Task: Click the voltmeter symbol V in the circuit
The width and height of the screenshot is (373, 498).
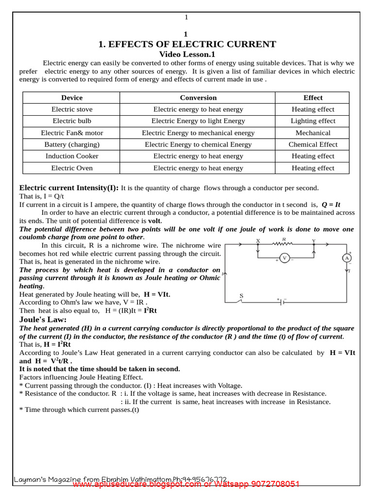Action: point(285,258)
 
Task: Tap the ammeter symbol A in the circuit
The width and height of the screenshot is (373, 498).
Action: point(347,258)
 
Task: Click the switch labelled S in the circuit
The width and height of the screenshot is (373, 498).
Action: point(239,301)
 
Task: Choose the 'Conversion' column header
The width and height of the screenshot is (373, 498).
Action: point(198,98)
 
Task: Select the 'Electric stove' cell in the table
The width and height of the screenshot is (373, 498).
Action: point(72,109)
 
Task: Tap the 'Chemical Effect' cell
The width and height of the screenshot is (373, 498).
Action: point(313,144)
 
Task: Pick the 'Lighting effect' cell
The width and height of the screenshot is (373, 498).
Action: point(313,121)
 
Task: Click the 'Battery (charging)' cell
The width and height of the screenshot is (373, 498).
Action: point(72,144)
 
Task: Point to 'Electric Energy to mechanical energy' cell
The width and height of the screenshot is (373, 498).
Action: point(198,133)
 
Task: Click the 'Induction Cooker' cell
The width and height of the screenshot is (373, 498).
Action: point(72,156)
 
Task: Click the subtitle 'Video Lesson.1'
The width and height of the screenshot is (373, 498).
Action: point(187,54)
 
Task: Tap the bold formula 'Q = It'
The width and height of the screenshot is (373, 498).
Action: point(331,205)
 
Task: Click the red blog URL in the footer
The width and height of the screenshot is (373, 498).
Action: point(186,484)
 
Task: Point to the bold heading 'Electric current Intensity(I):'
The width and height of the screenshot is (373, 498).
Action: point(68,188)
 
